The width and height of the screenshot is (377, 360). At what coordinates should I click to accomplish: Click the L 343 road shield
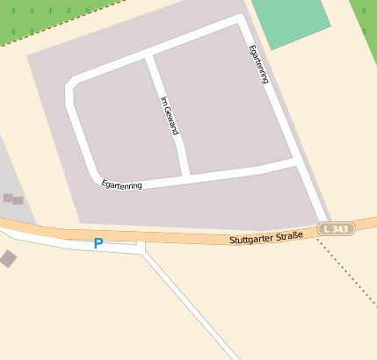click(337, 228)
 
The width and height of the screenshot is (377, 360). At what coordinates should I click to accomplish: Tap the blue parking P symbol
click(98, 243)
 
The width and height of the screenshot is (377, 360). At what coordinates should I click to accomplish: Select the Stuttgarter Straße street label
click(266, 237)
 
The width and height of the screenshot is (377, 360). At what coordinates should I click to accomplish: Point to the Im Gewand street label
click(170, 115)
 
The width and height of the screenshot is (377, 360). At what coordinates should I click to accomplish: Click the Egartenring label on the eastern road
click(257, 64)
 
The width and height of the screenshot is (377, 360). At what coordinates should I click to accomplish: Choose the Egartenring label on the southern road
click(122, 184)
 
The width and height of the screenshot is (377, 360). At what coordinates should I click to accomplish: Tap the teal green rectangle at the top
click(291, 22)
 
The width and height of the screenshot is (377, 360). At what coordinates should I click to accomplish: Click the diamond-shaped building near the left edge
click(8, 258)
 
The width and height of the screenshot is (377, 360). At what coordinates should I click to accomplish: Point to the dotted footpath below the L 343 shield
click(347, 271)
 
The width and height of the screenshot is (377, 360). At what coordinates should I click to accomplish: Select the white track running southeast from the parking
click(189, 303)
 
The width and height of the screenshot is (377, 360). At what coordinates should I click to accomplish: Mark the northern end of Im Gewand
click(149, 57)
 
